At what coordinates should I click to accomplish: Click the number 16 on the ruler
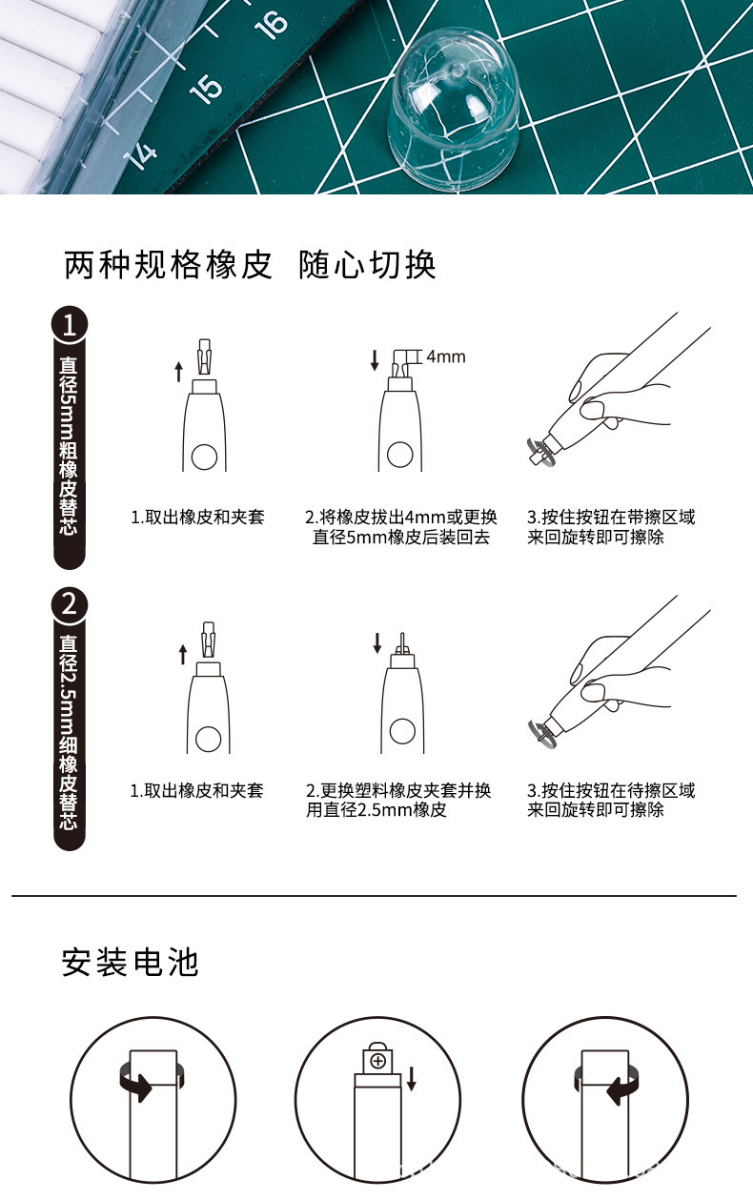(272, 24)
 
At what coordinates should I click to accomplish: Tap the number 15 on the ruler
(205, 88)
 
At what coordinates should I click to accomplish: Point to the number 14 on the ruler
(141, 153)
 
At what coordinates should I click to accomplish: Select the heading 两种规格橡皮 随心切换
(250, 265)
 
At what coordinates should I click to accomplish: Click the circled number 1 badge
(69, 326)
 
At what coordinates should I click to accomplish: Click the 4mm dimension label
(445, 356)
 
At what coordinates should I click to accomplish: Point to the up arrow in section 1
(178, 371)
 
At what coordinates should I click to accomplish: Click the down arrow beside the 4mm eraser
(375, 360)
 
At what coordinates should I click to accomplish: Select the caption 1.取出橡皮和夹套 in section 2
(196, 790)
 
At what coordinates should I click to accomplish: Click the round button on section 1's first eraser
(205, 458)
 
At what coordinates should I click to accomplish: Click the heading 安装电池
(130, 962)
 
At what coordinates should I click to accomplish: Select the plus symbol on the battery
(378, 1061)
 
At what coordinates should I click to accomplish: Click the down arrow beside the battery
(412, 1078)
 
